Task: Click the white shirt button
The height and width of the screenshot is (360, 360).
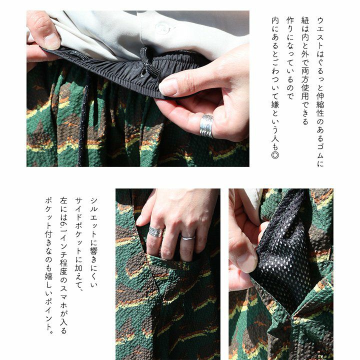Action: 162,27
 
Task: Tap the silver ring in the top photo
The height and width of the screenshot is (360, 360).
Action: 206,126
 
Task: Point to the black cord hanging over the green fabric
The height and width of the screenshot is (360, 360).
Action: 84,121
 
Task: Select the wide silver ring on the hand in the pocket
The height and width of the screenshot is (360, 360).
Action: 156,231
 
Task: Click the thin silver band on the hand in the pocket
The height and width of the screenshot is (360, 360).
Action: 188,238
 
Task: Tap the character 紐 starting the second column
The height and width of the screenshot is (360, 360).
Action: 305,20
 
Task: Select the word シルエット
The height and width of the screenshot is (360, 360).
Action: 94,216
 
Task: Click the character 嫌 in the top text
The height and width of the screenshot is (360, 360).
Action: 275,104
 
